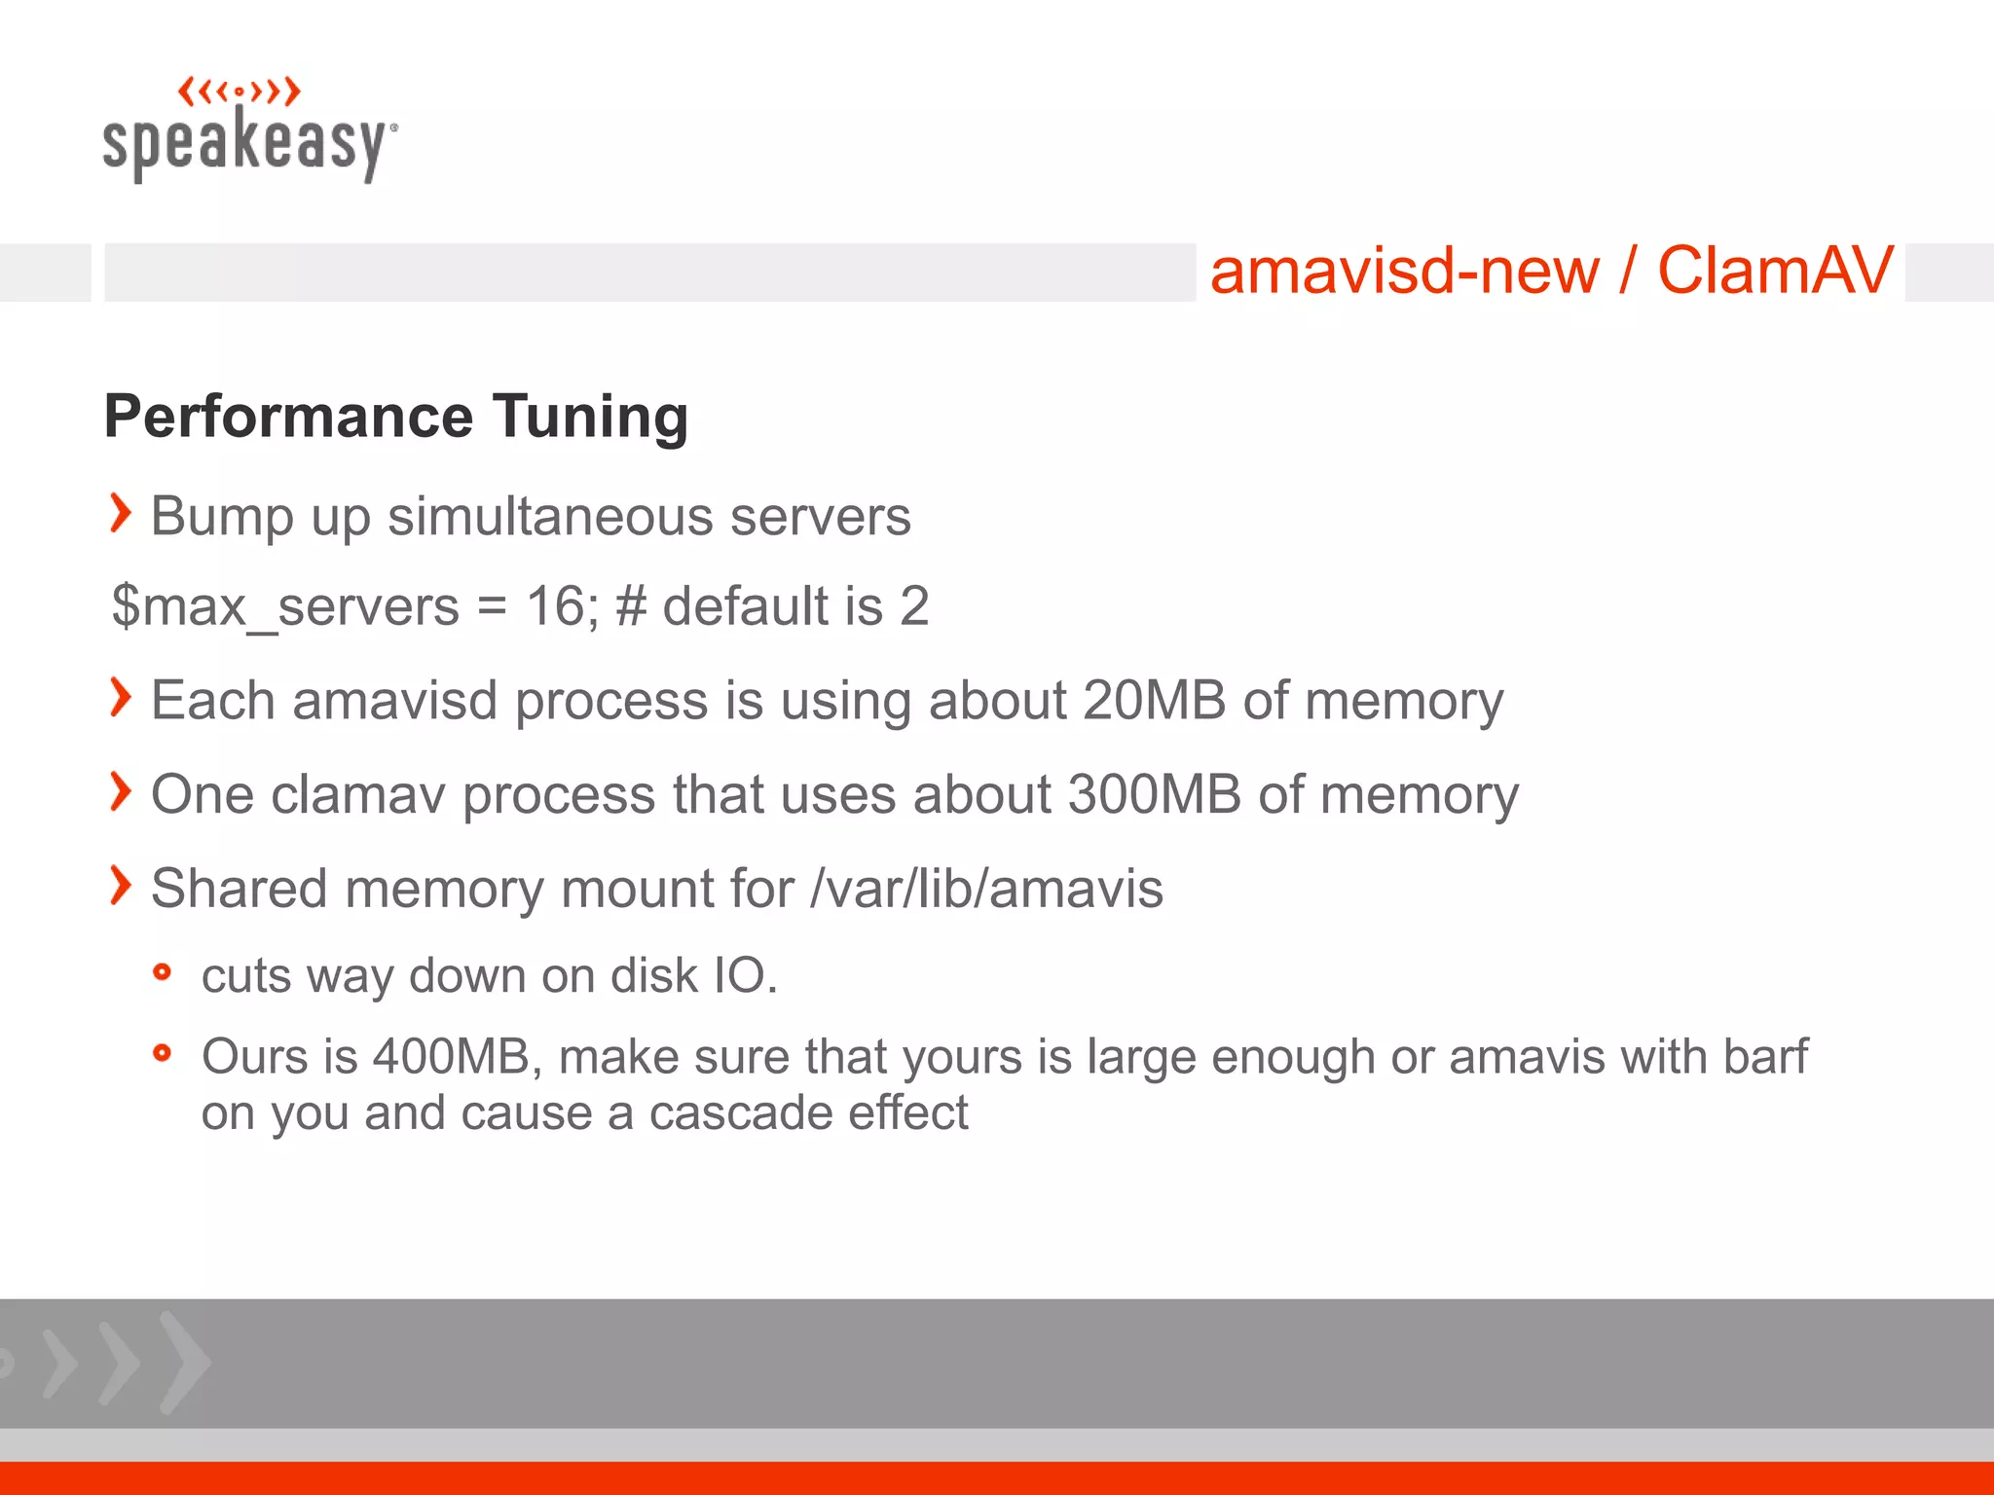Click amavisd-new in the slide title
1404,271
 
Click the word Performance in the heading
288,417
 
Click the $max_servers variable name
285,606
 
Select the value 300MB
1155,794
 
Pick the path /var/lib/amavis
986,889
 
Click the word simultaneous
550,516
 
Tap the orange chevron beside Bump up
120,513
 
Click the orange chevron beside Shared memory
120,885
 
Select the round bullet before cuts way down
163,971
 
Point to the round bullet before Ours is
163,1052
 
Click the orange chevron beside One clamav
120,791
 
